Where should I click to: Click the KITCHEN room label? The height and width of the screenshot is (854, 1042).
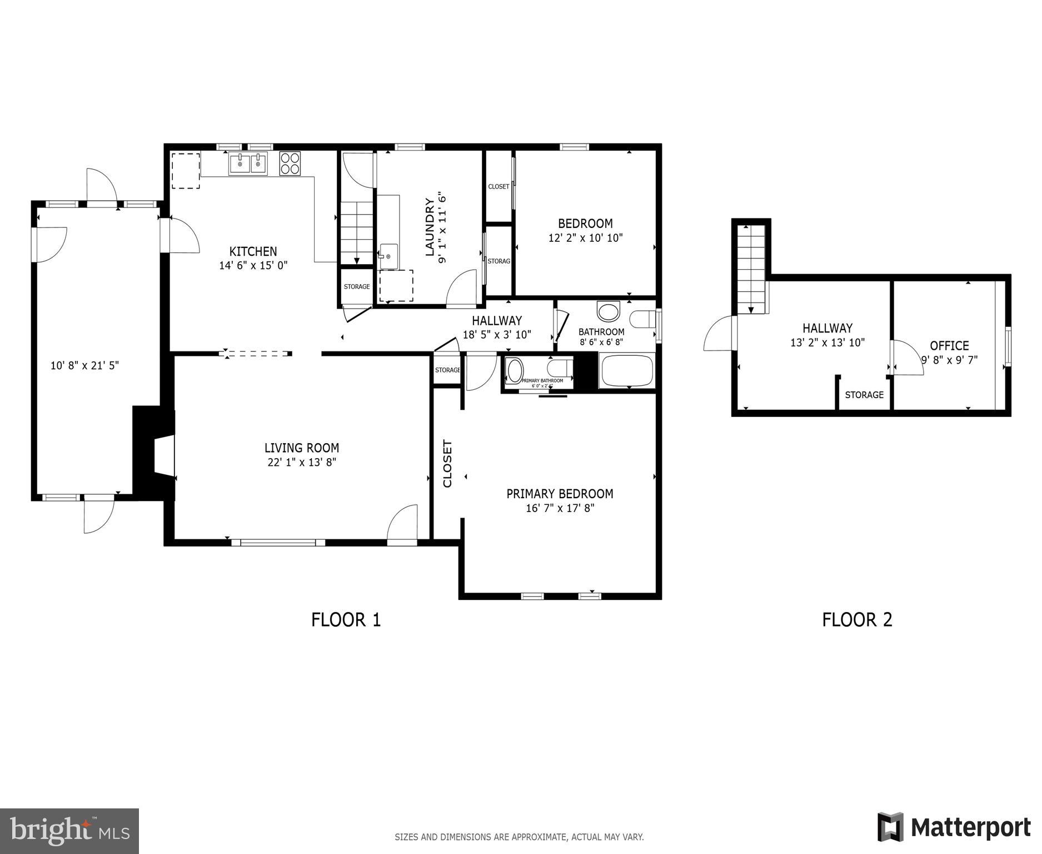253,251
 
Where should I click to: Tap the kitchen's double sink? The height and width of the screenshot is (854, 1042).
248,164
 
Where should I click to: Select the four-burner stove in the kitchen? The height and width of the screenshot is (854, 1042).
290,163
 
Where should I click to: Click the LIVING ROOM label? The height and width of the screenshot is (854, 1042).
301,448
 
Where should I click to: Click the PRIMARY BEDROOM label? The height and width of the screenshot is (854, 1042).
560,494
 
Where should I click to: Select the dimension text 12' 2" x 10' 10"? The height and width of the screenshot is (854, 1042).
585,238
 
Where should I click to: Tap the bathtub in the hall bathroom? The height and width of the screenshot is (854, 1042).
627,371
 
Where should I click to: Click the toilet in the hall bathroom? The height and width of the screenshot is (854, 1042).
643,320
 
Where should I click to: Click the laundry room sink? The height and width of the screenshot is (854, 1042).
388,256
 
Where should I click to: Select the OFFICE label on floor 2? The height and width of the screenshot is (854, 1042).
949,345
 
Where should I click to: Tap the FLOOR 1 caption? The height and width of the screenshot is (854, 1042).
346,619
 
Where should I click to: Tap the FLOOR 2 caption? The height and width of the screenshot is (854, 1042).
856,619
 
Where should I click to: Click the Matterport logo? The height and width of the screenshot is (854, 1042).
954,828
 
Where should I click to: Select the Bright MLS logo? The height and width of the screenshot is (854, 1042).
69,831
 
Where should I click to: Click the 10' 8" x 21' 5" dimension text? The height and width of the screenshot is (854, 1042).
84,365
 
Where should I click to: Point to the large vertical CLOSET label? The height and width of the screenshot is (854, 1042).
447,464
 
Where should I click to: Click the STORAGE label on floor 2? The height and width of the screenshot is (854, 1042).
864,395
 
